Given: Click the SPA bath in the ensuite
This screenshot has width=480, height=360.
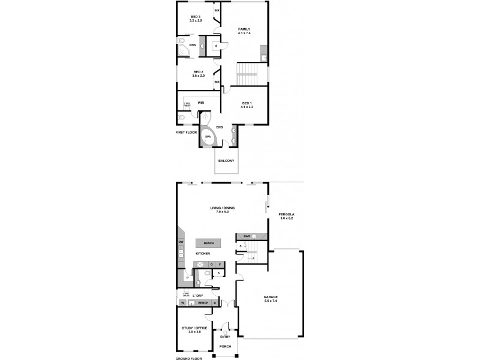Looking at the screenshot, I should click(208, 136).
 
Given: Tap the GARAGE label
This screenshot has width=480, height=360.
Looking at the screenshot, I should click(271, 298).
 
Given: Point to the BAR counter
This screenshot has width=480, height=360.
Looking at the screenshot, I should click(247, 236).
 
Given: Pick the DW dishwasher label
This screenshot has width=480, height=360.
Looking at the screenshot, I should click(181, 242).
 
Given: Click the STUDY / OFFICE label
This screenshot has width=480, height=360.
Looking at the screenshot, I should click(193, 328).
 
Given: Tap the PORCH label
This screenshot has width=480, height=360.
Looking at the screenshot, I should click(225, 347).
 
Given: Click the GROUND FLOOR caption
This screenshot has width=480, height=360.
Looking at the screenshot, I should click(189, 358).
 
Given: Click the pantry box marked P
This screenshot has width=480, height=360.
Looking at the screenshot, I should click(188, 278).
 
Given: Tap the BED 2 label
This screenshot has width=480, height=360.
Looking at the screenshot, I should click(199, 74).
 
